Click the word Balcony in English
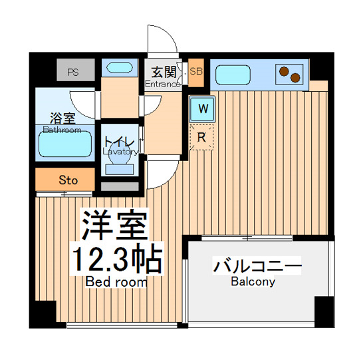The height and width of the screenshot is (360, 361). pos(253,282)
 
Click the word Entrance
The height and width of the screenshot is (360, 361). pos(162,85)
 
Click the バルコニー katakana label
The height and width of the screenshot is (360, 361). pos(257,267)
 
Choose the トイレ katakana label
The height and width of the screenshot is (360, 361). pos(120,142)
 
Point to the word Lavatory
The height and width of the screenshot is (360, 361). pos(120,152)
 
